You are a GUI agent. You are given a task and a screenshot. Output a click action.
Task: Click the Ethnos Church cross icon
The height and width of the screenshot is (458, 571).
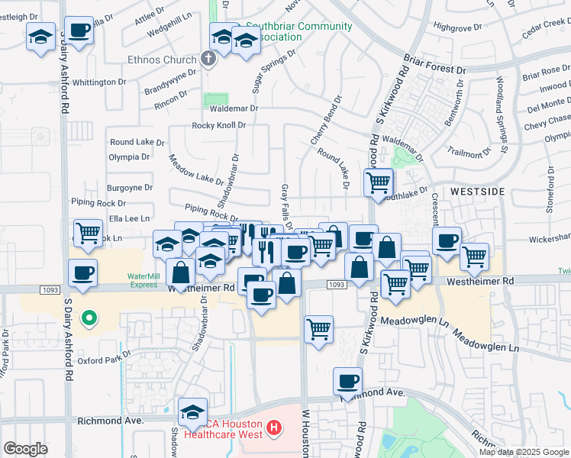(207, 59)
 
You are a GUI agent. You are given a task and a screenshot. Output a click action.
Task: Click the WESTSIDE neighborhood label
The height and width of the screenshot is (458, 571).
(479, 191)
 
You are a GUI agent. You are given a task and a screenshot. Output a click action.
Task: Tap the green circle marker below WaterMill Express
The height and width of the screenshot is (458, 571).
(89, 318)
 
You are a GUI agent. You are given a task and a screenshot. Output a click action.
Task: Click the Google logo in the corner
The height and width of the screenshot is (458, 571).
(25, 449)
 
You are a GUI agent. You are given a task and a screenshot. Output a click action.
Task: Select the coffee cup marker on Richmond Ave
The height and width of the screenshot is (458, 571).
(347, 381)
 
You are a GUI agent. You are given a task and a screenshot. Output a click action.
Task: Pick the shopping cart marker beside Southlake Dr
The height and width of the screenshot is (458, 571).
(379, 183)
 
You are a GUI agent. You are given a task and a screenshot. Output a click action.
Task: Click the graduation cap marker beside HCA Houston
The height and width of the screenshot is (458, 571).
(193, 412)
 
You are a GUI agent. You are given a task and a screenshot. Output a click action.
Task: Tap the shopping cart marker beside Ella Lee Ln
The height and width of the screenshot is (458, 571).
(89, 232)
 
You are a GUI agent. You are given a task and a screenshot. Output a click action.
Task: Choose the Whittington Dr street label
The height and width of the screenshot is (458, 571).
(98, 82)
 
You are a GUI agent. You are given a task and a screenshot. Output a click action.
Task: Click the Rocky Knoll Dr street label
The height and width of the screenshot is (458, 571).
(219, 125)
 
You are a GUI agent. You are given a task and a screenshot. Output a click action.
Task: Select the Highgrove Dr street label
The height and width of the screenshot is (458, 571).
(456, 26)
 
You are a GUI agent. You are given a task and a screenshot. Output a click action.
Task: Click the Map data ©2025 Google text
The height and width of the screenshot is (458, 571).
(523, 452)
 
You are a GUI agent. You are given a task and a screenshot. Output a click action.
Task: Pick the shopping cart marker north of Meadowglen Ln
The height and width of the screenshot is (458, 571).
(319, 329)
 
